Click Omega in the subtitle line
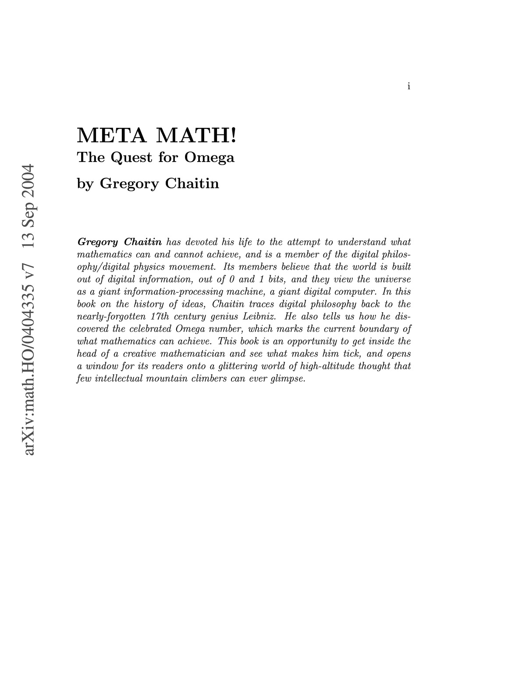(x=210, y=157)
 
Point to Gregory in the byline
(x=129, y=184)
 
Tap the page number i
(x=409, y=86)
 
